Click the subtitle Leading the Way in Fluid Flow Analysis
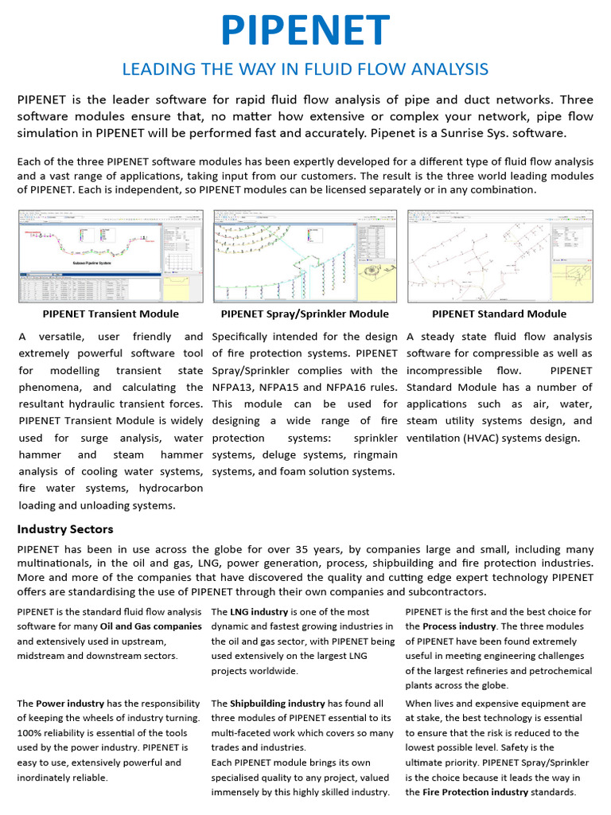tap(305, 69)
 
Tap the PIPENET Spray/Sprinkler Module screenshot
tap(305, 255)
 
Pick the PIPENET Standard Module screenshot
tap(500, 255)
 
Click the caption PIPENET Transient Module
tap(111, 314)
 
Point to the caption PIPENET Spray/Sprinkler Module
tap(305, 314)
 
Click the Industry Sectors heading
tap(65, 529)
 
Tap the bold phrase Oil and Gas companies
tap(151, 626)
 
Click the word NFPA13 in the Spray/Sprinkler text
tap(235, 388)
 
